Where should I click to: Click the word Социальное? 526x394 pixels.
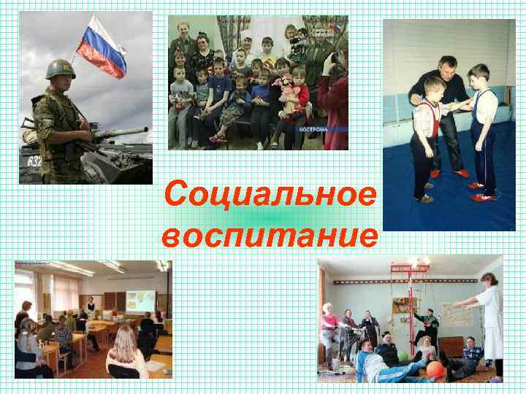click(271, 195)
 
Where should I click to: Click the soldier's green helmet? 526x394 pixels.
click(61, 69)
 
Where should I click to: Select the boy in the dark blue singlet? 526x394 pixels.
click(482, 131)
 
